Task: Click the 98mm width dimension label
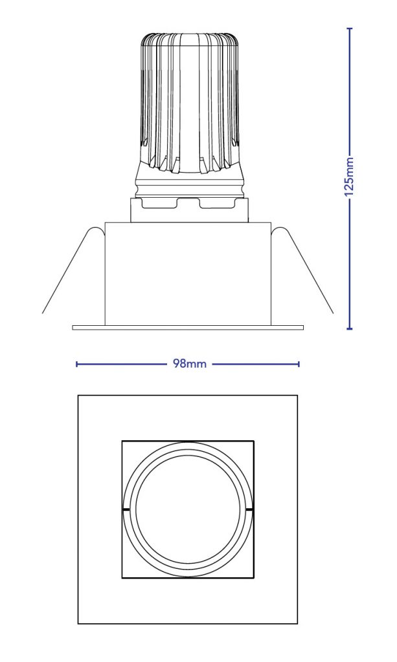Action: point(190,364)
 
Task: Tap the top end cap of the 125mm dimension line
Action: point(350,29)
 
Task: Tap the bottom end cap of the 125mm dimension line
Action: point(350,329)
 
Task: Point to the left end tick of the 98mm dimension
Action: point(77,364)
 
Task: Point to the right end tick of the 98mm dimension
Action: point(299,364)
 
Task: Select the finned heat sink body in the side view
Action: point(188,103)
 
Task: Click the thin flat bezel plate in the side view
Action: point(188,327)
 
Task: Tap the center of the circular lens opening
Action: point(188,509)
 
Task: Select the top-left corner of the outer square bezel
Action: point(78,396)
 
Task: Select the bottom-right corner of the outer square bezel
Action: point(297,623)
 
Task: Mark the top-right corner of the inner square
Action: point(253,442)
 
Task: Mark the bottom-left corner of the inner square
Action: point(122,577)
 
